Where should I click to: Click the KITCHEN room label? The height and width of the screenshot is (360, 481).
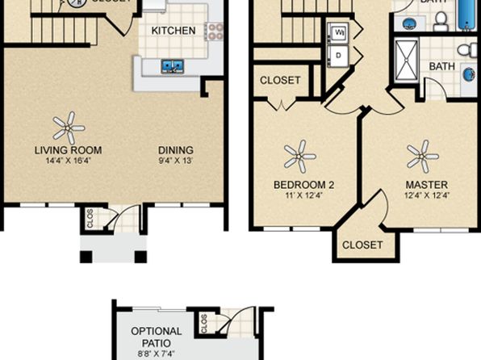click(x=174, y=31)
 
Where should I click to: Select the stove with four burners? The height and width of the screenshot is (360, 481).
click(x=214, y=31)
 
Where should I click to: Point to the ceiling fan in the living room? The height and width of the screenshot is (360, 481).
click(x=68, y=127)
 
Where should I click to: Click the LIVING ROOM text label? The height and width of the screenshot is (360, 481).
click(x=68, y=150)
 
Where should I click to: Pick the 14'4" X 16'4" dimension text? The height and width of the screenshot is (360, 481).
click(x=68, y=161)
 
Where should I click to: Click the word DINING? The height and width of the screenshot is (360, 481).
click(x=175, y=150)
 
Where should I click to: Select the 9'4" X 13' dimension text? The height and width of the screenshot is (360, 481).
click(x=175, y=161)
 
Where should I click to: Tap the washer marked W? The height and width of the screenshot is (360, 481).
click(x=339, y=33)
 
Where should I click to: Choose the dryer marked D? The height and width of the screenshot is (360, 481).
click(x=339, y=56)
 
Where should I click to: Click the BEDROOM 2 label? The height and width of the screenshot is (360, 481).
click(x=299, y=185)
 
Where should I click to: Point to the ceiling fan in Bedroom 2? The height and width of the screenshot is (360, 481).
click(x=299, y=155)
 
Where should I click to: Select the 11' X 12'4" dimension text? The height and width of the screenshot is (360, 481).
click(x=299, y=195)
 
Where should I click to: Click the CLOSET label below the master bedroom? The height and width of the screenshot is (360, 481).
click(x=362, y=245)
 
